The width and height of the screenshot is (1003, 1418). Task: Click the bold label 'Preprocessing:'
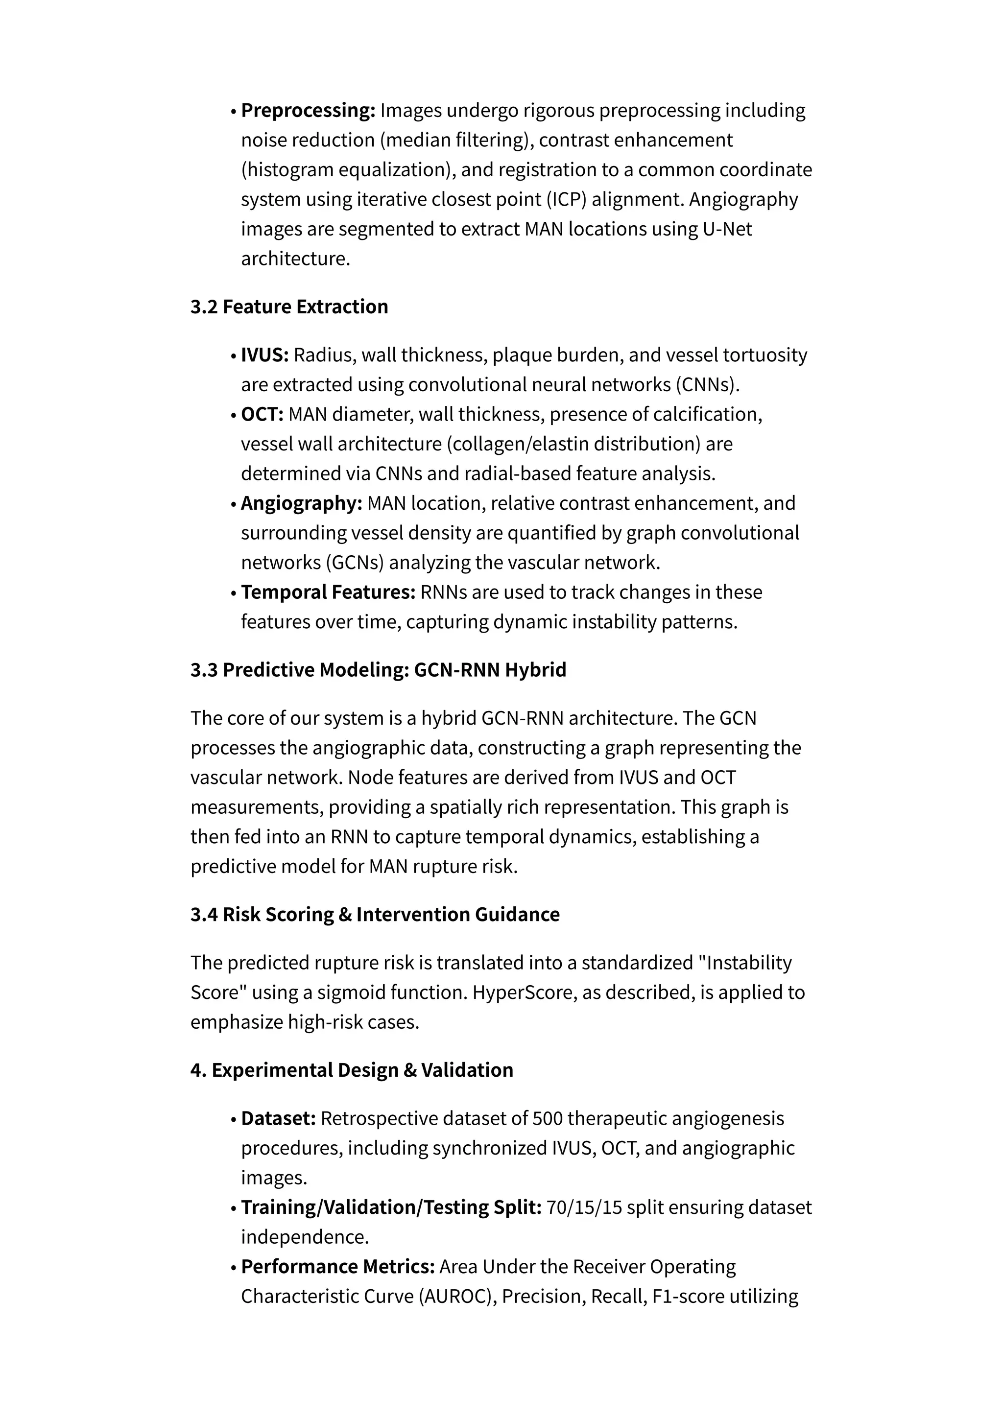coord(308,111)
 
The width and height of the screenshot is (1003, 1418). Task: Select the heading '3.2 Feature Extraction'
coord(289,307)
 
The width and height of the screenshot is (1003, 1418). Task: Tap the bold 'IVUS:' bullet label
coord(264,355)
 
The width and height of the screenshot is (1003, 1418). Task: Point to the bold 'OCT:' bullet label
coord(262,414)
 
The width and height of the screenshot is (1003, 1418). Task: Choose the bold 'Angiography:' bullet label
coord(301,503)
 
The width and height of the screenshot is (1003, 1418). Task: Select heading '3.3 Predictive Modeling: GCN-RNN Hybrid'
coord(378,670)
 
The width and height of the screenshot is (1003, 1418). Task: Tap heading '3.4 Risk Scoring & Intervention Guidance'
coord(375,915)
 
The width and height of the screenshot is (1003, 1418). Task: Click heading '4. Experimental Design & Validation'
coord(352,1070)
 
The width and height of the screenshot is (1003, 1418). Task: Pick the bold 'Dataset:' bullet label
coord(278,1118)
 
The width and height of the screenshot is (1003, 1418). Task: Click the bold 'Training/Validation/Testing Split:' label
coord(391,1207)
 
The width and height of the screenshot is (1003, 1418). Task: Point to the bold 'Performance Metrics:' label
coord(338,1267)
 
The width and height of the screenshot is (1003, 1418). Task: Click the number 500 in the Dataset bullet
coord(547,1118)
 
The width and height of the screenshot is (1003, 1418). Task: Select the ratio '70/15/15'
coord(584,1207)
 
